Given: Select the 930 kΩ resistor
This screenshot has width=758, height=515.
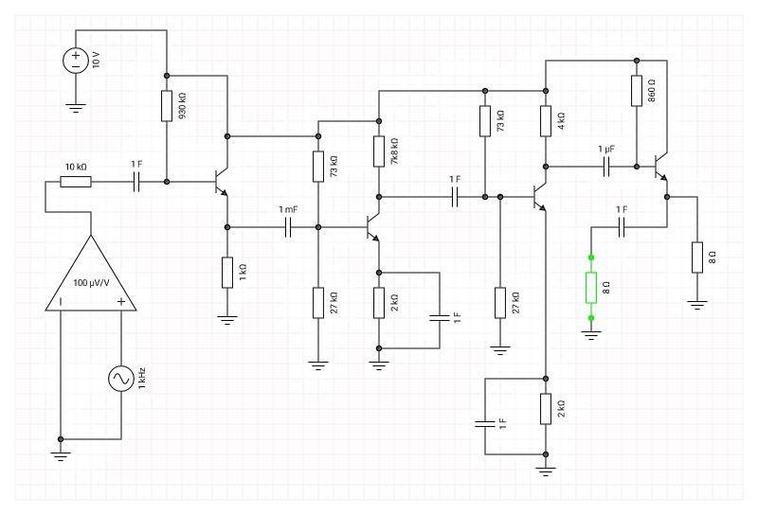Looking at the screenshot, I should coord(167,106).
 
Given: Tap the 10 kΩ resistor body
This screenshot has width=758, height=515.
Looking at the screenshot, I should coord(76,181).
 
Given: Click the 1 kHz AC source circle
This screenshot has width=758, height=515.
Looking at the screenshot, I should coord(121,379).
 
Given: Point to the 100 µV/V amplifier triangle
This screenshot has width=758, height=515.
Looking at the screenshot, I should coord(91,279).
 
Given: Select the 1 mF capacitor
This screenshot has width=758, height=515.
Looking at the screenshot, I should coord(288,227).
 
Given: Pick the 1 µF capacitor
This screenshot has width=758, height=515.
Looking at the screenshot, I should coord(606,167).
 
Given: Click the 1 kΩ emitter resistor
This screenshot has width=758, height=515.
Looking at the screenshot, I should coord(227,273).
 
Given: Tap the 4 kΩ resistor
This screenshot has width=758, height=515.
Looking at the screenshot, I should coord(546,121).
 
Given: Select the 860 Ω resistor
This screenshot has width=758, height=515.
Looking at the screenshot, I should coord(637,91).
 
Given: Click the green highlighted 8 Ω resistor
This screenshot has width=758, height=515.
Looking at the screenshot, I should coord(591,287).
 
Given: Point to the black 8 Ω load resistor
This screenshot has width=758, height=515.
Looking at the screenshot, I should coord(697,257).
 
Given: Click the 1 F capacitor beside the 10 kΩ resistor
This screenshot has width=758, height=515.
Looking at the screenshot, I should coord(136,181).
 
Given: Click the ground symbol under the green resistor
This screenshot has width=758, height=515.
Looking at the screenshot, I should coord(591,334).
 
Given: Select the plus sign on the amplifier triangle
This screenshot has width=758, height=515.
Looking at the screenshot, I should coord(121,302).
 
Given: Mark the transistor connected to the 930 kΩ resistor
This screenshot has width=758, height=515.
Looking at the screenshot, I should coord(222,181).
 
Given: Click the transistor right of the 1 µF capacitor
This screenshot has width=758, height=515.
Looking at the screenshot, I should coord(661,167).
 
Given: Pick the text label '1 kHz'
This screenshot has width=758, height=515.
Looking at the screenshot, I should coord(141,379).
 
